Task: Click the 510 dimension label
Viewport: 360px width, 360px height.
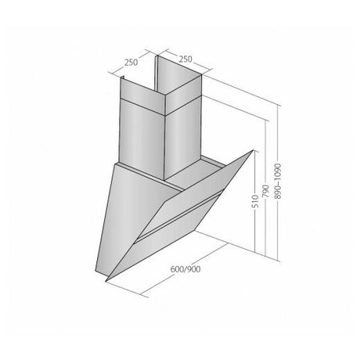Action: [x=256, y=200]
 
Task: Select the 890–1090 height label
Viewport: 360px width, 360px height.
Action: [x=278, y=182]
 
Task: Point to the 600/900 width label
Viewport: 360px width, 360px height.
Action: [x=185, y=269]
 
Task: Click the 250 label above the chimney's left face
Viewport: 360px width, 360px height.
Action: [x=131, y=63]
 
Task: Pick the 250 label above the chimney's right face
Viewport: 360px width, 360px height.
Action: [x=185, y=59]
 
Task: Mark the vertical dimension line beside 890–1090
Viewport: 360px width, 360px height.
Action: [x=279, y=182]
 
